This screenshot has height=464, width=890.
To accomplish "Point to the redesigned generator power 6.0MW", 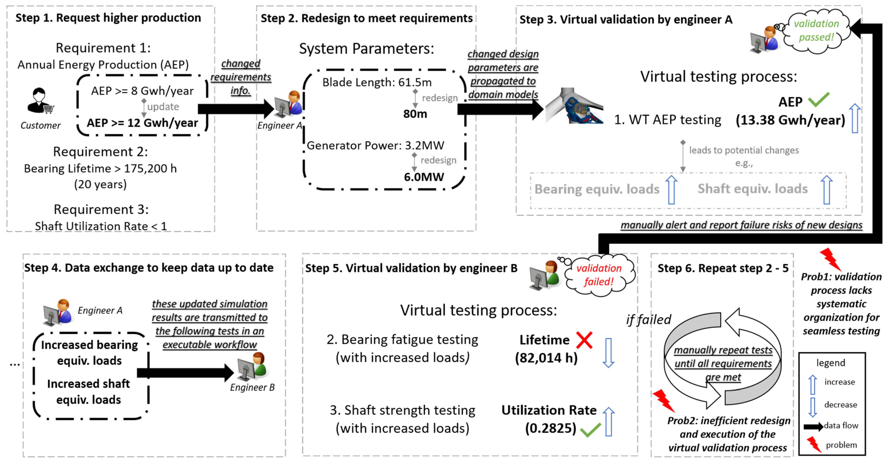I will tap(424, 177).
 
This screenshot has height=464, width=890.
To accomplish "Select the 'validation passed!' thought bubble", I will tap(816, 31).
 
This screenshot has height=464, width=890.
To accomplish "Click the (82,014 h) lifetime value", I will tap(546, 358).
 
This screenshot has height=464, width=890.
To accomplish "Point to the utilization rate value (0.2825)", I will tap(550, 428).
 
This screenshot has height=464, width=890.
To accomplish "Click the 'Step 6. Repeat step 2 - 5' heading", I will tap(723, 268).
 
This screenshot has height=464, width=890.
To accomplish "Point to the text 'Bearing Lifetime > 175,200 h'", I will tap(100, 169).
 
